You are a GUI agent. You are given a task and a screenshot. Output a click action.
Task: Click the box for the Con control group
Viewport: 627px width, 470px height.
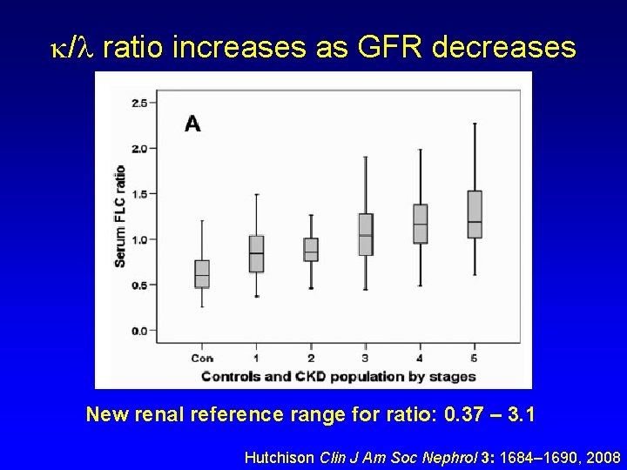pos(202,273)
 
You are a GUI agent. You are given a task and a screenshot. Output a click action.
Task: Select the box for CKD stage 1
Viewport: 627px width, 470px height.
pos(256,253)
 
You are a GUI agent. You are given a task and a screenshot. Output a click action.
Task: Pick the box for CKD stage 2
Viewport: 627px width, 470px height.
pos(311,249)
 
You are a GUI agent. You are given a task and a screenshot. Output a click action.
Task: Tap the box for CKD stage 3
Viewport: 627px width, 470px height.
pos(366,234)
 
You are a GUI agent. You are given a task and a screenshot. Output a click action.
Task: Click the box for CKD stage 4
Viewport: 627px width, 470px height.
pos(421,224)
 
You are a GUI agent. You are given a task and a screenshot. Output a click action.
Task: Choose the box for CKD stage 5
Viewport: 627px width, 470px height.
pos(475,214)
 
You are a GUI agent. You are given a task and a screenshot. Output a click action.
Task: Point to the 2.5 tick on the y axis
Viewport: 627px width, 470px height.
pos(138,103)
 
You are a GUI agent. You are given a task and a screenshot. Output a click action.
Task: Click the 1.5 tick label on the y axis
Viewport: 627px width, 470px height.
pos(138,193)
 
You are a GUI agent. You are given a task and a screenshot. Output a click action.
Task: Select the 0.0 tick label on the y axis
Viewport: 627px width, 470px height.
pos(138,331)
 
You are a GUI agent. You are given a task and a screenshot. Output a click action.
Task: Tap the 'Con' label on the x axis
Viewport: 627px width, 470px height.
pos(202,358)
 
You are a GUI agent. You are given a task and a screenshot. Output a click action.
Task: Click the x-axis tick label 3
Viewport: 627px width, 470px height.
pos(366,358)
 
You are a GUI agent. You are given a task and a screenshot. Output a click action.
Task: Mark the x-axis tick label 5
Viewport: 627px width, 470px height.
pos(475,358)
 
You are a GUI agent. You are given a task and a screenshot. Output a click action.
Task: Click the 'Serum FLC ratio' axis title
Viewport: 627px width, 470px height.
pos(119,216)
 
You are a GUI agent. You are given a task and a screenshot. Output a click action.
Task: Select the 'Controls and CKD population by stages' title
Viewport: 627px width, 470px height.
pos(339,376)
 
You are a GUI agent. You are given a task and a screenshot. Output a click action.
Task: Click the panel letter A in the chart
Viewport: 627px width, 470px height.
pos(192,124)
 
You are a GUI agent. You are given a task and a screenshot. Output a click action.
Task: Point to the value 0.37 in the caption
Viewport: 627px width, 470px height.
pos(463,415)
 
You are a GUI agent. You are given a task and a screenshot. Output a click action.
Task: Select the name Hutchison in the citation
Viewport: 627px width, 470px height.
pos(280,457)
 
